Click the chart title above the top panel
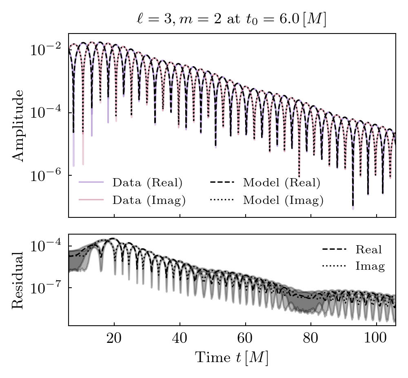[x=231, y=19]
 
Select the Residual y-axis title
[x=18, y=280]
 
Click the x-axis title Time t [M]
[x=232, y=358]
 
